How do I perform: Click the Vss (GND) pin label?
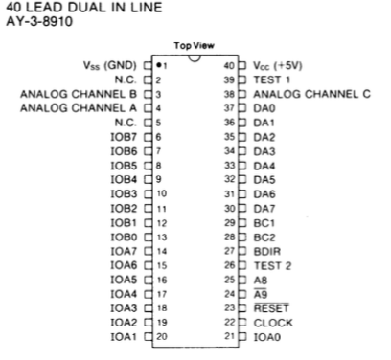point(110,65)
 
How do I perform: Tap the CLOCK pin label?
point(273,323)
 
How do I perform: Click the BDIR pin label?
point(266,251)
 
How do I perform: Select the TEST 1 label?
point(272,79)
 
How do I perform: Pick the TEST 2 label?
point(272,265)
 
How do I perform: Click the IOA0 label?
point(267,337)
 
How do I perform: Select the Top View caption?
point(195,46)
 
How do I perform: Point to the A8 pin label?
point(260,280)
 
